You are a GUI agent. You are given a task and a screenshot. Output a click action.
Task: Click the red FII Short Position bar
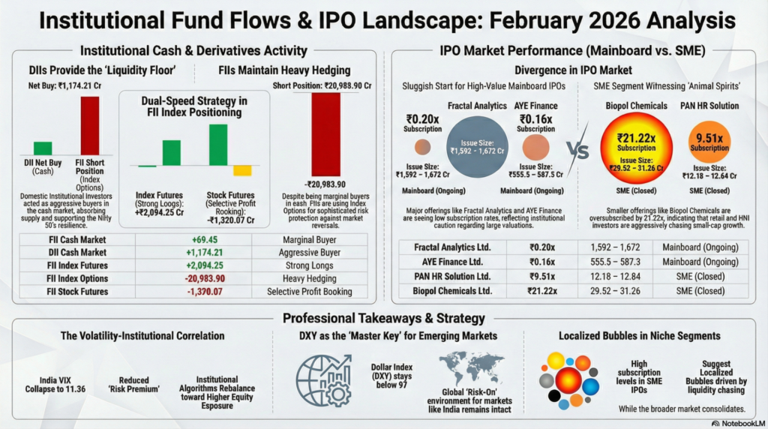(90, 125)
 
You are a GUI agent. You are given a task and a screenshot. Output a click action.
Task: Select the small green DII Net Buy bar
(43, 148)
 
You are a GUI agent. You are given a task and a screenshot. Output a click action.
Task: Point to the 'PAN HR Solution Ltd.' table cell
(453, 276)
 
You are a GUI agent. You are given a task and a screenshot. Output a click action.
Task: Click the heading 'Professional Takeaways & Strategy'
(383, 318)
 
